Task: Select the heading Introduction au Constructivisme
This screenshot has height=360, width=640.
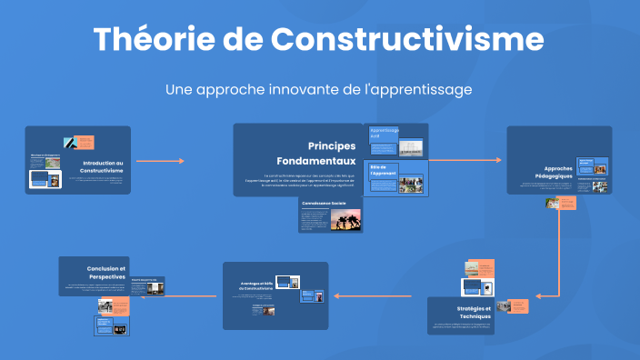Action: coord(101,166)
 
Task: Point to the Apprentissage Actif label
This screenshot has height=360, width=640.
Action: coord(384,133)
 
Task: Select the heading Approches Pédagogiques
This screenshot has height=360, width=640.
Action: coord(557,172)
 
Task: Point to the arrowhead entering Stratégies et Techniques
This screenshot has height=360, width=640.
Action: coord(539,295)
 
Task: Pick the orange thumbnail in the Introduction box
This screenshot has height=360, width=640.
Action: coord(85,142)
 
